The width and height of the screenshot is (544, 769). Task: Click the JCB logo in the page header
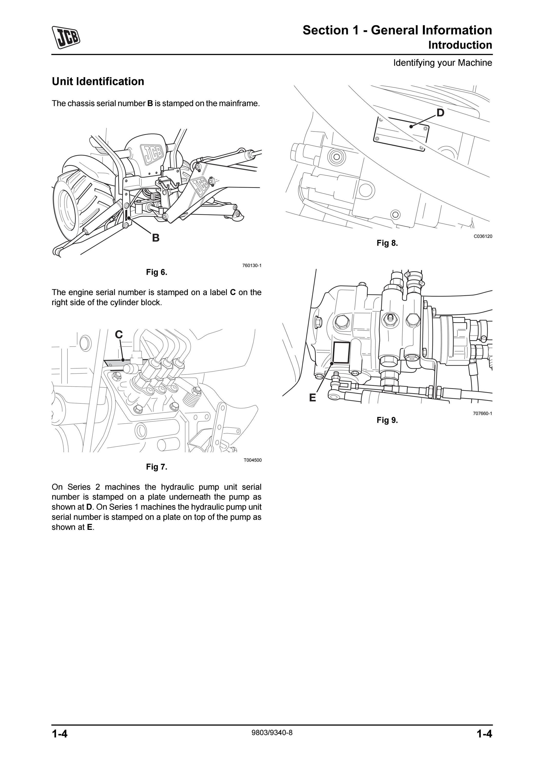(x=66, y=37)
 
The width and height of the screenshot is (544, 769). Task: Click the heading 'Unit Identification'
(x=98, y=82)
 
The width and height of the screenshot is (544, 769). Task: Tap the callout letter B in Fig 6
(x=156, y=238)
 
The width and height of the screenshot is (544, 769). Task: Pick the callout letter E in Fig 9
(x=312, y=398)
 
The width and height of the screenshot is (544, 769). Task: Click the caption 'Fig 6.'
(x=157, y=272)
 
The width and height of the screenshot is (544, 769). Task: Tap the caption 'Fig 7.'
(x=157, y=467)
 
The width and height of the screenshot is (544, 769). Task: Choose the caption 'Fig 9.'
(x=387, y=420)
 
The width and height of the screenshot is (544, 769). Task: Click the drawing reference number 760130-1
(x=252, y=266)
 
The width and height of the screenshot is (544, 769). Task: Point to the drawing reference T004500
(x=252, y=460)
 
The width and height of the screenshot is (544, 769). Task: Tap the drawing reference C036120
(x=483, y=236)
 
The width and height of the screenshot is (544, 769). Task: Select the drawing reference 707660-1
(x=483, y=413)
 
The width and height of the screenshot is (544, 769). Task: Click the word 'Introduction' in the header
(x=460, y=45)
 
